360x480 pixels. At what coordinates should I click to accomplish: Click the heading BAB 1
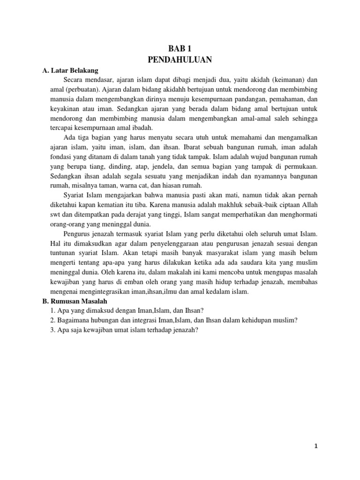pos(180,48)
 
